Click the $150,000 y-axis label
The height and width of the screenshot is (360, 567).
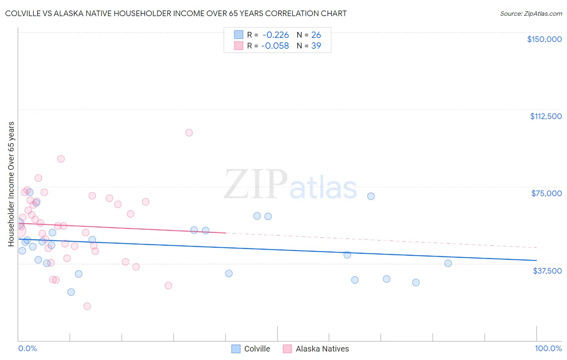click(x=544, y=39)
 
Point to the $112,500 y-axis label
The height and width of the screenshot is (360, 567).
click(x=546, y=116)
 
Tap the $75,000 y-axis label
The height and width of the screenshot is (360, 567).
click(x=546, y=193)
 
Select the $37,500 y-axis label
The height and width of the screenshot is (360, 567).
click(x=547, y=271)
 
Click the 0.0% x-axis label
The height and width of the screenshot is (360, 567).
click(x=27, y=348)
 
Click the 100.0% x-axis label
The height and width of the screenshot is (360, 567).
click(x=548, y=348)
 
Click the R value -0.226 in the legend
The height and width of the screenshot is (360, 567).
click(x=275, y=35)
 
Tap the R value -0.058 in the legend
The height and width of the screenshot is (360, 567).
click(x=275, y=46)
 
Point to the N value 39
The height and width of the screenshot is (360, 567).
click(x=316, y=46)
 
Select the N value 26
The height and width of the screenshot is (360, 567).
click(x=316, y=35)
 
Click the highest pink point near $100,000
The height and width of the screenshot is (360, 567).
click(x=189, y=133)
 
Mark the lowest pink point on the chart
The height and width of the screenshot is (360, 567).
click(x=87, y=306)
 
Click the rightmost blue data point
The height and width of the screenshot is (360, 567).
click(x=448, y=264)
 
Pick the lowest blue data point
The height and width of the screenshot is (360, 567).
click(x=71, y=292)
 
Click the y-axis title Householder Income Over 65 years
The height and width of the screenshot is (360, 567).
click(x=11, y=184)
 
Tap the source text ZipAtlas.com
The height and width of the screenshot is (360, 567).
click(x=531, y=14)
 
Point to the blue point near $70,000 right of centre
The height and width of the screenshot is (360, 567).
click(x=371, y=196)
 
